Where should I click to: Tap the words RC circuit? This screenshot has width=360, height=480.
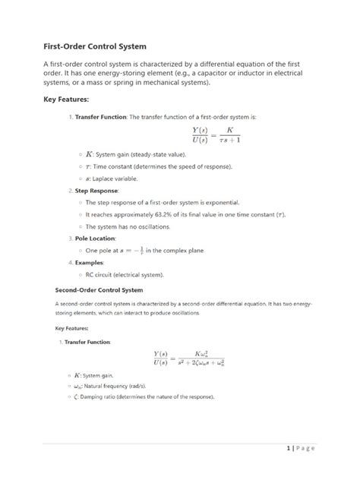pyautogui.click(x=99, y=274)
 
